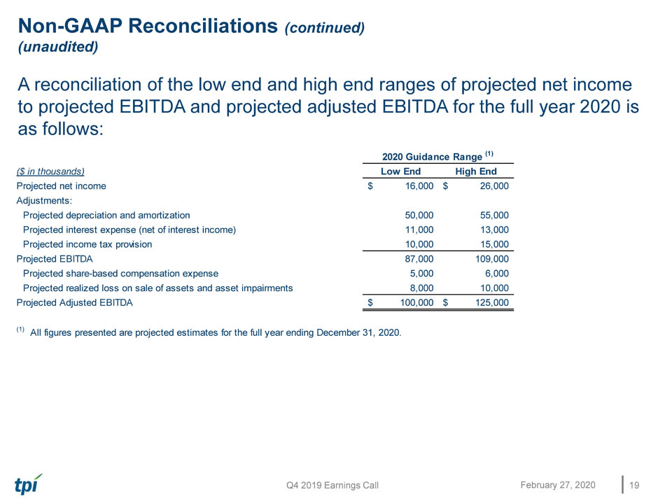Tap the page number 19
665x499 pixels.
click(634, 485)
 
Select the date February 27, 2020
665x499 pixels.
click(558, 485)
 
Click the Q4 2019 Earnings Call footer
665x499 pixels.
click(332, 486)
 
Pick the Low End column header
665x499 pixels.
click(401, 171)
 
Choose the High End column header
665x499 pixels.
click(476, 171)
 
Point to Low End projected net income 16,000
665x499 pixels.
click(419, 185)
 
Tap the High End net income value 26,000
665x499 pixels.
click(494, 185)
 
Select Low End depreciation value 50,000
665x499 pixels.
click(419, 215)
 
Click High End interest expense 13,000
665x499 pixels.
click(494, 230)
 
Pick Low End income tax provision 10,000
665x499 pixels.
click(419, 244)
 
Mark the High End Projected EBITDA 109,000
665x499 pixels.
click(492, 259)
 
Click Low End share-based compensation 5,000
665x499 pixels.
click(421, 274)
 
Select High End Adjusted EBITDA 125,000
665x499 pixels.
click(492, 302)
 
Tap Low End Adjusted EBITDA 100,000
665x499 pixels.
click(417, 302)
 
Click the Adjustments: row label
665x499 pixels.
click(44, 201)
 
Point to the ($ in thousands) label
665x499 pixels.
click(50, 171)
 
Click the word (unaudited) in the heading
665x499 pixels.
click(58, 47)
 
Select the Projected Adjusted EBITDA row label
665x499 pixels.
click(75, 302)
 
